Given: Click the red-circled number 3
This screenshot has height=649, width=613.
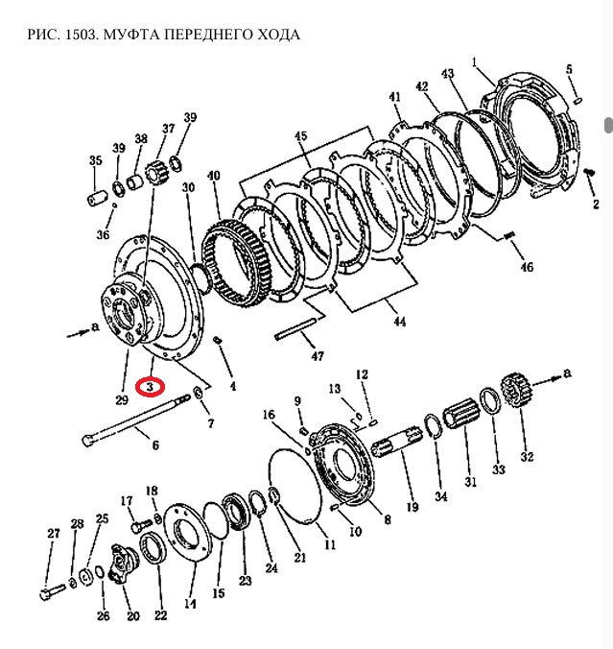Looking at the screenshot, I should pyautogui.click(x=151, y=385).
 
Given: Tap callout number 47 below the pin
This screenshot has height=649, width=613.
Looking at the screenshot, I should pyautogui.click(x=318, y=355).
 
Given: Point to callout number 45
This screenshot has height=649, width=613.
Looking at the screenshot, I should pyautogui.click(x=302, y=135).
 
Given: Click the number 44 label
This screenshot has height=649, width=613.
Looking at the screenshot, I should pyautogui.click(x=399, y=323).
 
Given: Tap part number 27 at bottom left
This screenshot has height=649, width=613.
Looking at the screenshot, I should pyautogui.click(x=54, y=534).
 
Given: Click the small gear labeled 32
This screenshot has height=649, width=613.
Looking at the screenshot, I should pyautogui.click(x=516, y=396).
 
